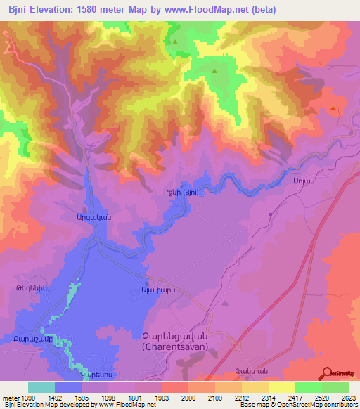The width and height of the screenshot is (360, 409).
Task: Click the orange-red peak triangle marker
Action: (x=333, y=108)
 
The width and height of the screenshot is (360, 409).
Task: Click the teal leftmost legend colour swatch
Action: (x=41, y=387)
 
